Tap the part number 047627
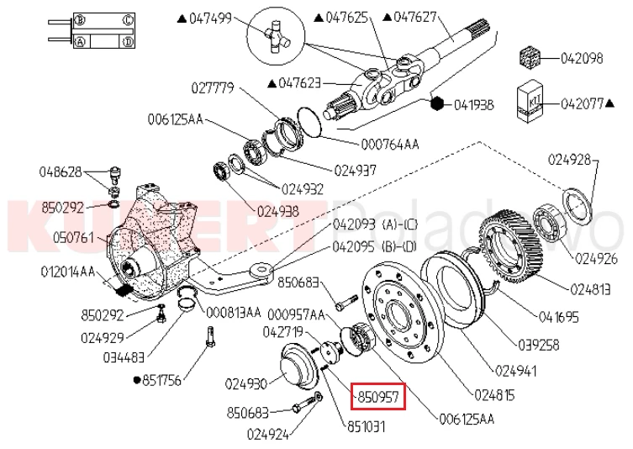(x=418, y=17)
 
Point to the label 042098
(x=581, y=59)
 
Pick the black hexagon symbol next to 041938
(x=436, y=104)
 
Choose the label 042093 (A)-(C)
(x=376, y=225)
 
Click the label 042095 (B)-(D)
(x=376, y=247)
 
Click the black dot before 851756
(x=137, y=380)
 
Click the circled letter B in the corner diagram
(x=80, y=18)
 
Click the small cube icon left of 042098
(x=530, y=60)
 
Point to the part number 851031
(x=367, y=426)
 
